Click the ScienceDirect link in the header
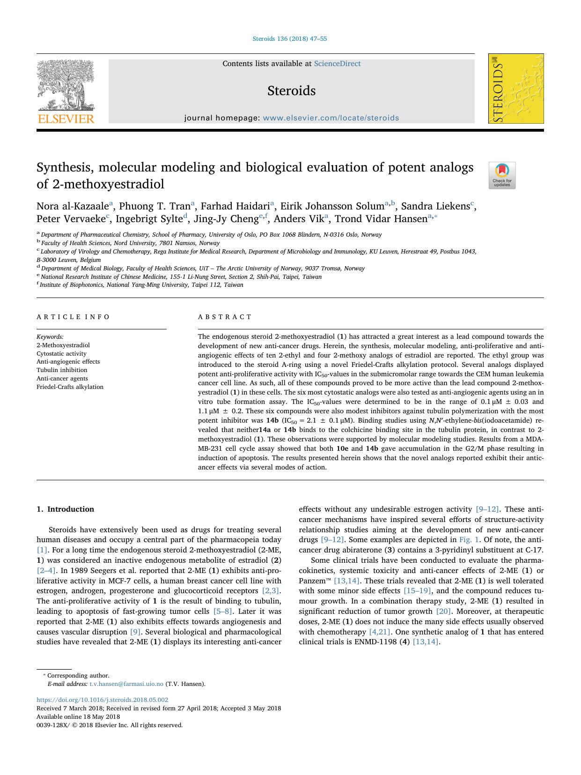click(337, 64)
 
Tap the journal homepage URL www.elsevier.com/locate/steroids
click(331, 118)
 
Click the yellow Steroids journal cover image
click(516, 89)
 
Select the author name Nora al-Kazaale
click(73, 206)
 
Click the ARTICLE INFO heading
click(73, 317)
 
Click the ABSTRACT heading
click(225, 317)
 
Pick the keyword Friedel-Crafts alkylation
click(70, 387)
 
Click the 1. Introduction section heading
click(65, 509)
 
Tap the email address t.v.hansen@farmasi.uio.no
click(126, 684)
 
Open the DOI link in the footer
click(102, 700)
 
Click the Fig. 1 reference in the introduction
click(469, 540)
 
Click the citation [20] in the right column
click(443, 611)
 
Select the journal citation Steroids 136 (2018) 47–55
click(290, 39)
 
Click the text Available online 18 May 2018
click(78, 717)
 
